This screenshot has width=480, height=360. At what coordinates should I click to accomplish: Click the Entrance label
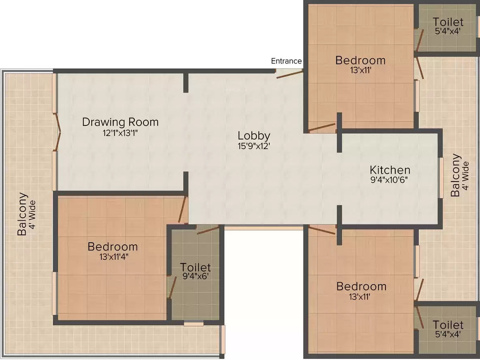286,61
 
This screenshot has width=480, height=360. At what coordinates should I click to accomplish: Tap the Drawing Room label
120,122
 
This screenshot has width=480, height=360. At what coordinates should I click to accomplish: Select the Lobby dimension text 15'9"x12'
254,146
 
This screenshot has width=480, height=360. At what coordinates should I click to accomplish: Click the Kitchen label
390,170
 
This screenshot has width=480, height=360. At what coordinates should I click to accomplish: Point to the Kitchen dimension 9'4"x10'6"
389,180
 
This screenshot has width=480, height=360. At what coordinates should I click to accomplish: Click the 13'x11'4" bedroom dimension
114,257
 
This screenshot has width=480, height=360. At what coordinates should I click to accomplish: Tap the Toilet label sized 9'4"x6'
195,267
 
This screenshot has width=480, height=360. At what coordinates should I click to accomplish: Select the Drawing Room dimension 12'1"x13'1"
120,133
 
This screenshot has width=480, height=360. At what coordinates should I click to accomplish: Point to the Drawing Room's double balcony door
57,132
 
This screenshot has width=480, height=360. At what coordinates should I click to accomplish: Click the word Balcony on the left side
22,214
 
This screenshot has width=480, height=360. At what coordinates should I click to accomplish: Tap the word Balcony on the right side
456,175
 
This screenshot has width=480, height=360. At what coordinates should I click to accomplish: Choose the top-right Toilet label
448,22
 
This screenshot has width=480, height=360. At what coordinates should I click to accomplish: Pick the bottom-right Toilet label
448,325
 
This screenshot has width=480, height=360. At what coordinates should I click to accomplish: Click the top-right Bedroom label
360,60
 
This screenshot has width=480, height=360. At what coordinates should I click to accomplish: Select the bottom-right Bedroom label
361,287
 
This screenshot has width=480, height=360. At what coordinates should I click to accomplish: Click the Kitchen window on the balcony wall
441,178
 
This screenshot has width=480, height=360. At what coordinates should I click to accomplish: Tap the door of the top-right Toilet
419,40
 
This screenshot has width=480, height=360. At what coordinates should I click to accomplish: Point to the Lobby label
254,136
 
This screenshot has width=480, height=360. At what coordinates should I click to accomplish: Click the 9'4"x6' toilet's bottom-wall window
194,323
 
